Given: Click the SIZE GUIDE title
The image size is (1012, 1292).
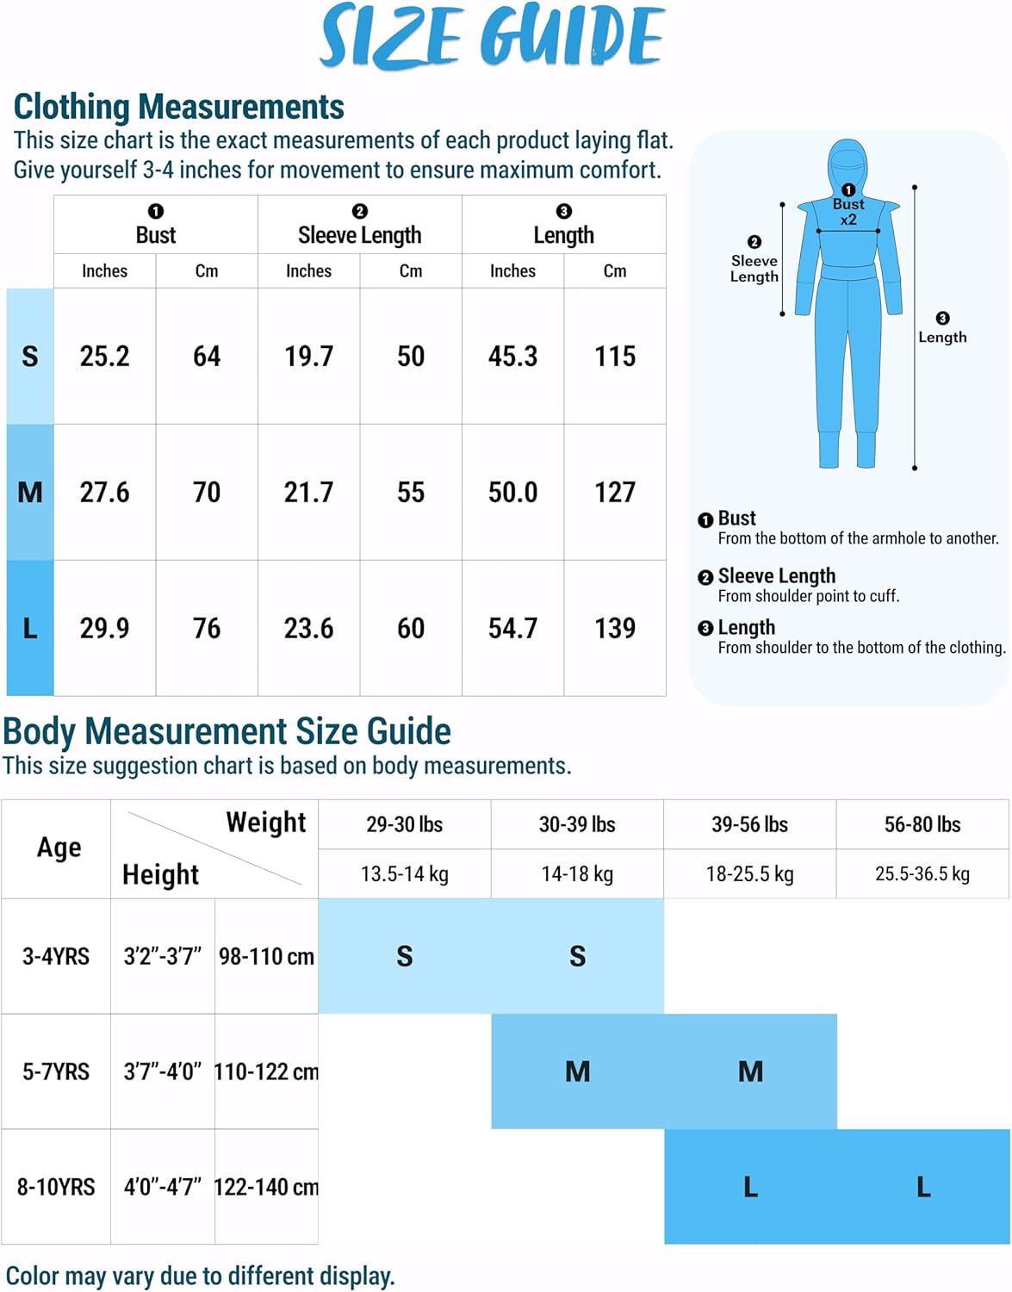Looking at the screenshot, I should [492, 36].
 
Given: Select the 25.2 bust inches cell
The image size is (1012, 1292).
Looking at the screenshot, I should [104, 356].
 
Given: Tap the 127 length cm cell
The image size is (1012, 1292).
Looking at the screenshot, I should [615, 492].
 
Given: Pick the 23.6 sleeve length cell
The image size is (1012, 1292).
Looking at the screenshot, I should [308, 628].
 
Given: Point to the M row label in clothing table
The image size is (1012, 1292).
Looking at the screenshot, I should [30, 492].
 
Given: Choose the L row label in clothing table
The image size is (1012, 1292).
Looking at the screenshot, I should [30, 628].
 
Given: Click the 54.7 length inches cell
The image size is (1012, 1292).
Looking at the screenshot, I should [512, 628].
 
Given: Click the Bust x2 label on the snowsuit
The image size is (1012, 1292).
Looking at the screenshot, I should [848, 212].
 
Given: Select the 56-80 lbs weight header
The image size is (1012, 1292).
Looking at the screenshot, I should [922, 824].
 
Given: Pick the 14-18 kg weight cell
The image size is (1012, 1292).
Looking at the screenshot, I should [577, 874].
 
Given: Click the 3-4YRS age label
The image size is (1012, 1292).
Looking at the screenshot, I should [56, 956].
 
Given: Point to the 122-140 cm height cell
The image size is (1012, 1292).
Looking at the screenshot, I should [266, 1187].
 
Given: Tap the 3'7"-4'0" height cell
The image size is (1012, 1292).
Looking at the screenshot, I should [163, 1071].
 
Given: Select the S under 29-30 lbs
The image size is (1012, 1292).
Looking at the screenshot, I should [405, 956].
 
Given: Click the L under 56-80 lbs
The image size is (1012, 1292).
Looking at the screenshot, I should [923, 1187].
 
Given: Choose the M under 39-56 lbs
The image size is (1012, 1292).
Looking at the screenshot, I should [750, 1071].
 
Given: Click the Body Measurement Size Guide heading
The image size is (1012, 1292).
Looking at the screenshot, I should [227, 731].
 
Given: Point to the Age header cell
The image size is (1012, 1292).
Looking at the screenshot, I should [59, 848].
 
